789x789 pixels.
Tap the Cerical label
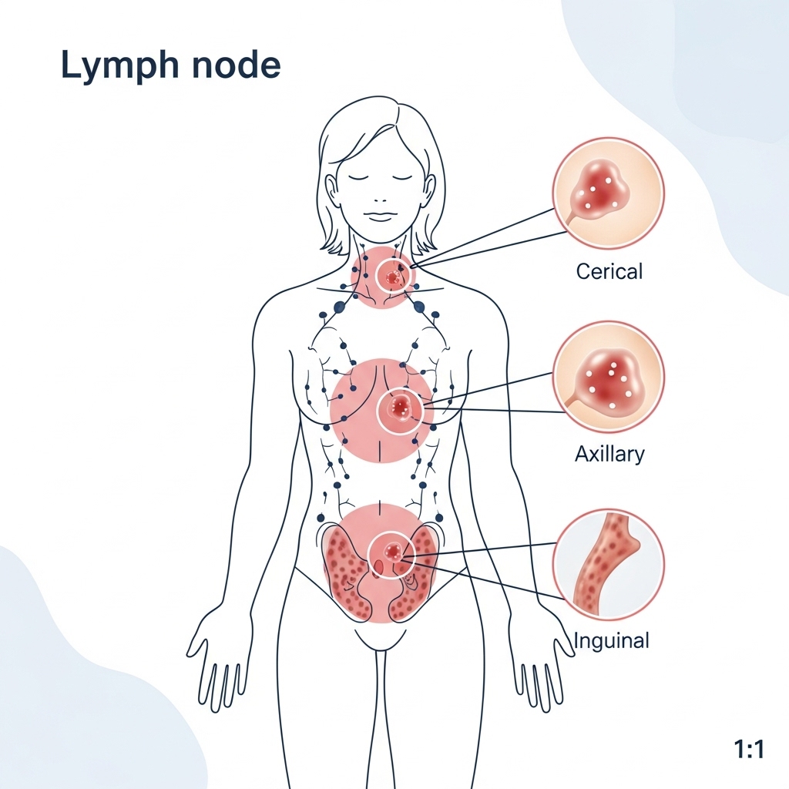[x=609, y=271]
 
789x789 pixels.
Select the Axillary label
[x=609, y=454]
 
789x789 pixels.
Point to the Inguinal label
[x=612, y=640]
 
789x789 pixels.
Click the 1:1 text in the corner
[x=749, y=750]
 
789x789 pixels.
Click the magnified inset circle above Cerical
[x=608, y=193]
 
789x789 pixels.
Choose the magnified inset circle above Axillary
[x=608, y=378]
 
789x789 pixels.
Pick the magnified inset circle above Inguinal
[x=608, y=564]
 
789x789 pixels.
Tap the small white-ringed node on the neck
[x=394, y=275]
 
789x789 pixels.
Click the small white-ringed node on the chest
[x=400, y=409]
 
